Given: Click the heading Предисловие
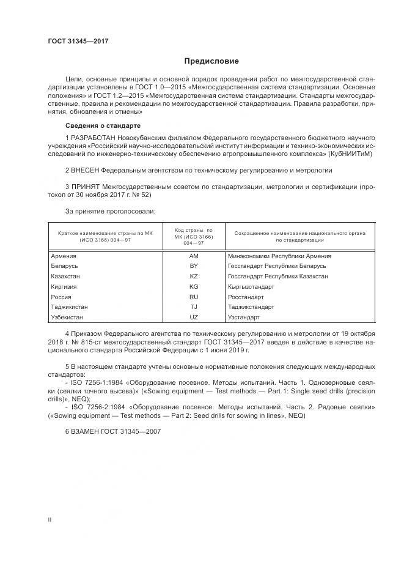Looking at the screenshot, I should pyautogui.click(x=212, y=61).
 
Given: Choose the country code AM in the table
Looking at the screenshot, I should pyautogui.click(x=194, y=256).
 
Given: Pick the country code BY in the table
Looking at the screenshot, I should pyautogui.click(x=194, y=266).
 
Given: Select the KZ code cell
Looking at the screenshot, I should pyautogui.click(x=194, y=277).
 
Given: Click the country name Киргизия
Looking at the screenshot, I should pyautogui.click(x=64, y=286).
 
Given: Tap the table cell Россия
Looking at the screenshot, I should pyautogui.click(x=62, y=297).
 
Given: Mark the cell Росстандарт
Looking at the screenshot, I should pyautogui.click(x=244, y=297).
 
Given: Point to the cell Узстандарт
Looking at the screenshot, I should pyautogui.click(x=243, y=318).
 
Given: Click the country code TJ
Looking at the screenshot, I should pyautogui.click(x=194, y=307).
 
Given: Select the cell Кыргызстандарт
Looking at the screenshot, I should pyautogui.click(x=250, y=286).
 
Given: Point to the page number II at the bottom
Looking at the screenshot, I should pyautogui.click(x=50, y=519).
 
